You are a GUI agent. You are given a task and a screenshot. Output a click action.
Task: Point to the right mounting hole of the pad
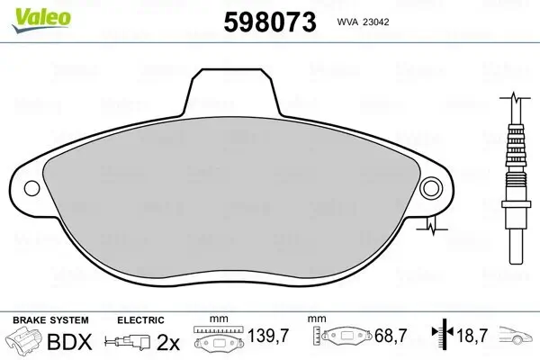(430, 188)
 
